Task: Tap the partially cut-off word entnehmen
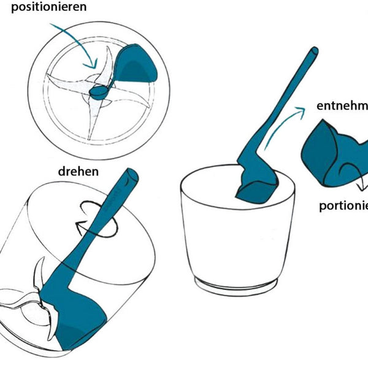coord(342,105)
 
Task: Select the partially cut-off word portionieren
coord(343,205)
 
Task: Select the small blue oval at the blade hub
coord(98,91)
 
